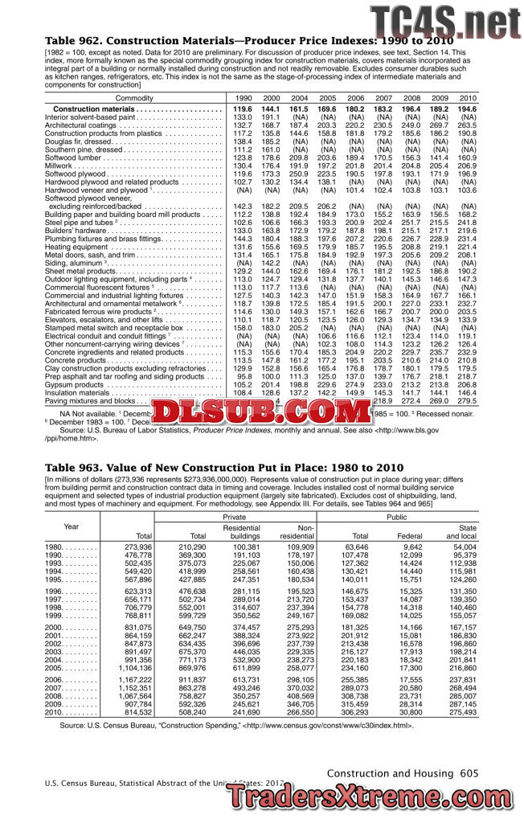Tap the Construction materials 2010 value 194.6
coord(468,109)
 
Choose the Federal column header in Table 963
coord(409,534)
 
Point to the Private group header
coord(235,517)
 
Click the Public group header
coord(397,517)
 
